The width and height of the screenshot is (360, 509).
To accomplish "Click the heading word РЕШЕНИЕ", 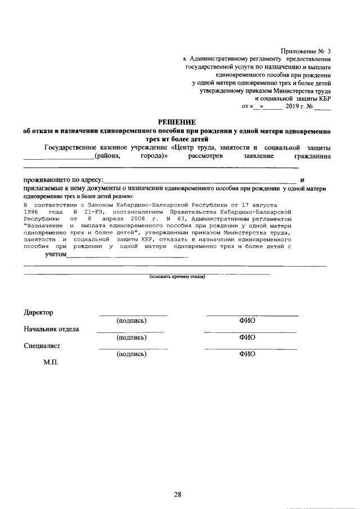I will pos(176,121).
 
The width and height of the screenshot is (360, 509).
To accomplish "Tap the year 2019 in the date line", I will pos(294,106).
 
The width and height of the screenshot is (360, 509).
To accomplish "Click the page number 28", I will pos(177,479).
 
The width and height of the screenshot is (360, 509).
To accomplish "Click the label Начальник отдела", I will pos(51,329).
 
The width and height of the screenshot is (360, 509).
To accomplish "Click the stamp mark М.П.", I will pos(51,362).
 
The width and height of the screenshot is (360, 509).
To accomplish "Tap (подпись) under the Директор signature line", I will pos(131,321).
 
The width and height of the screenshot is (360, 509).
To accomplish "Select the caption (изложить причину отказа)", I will pos(177,277).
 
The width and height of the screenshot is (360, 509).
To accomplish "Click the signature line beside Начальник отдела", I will pos(131,332).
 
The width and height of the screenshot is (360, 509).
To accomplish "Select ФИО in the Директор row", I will pos(247,321).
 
